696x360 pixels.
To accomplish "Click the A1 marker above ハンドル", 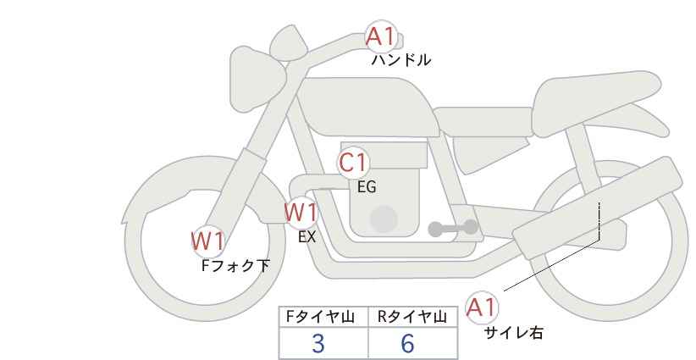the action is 380,36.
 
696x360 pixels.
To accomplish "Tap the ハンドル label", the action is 400,59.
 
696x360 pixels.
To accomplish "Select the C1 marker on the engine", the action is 353,163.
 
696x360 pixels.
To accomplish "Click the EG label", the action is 367,187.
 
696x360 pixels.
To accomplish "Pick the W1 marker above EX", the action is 301,213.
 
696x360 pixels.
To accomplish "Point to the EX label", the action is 307,237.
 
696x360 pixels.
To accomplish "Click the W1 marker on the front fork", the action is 207,241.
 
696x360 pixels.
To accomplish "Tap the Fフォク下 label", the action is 235,266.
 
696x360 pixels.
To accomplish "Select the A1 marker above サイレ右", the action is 482,307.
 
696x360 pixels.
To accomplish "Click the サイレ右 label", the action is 513,333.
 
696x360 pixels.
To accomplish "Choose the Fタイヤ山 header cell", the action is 323,317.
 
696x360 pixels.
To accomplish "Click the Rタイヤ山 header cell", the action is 412,317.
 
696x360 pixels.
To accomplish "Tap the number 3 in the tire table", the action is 318,343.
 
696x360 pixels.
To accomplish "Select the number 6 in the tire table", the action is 407,343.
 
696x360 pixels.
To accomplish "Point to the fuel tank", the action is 367,107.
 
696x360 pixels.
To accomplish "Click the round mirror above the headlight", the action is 289,42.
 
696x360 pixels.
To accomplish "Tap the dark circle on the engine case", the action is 384,219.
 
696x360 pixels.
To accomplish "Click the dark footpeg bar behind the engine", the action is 453,228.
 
